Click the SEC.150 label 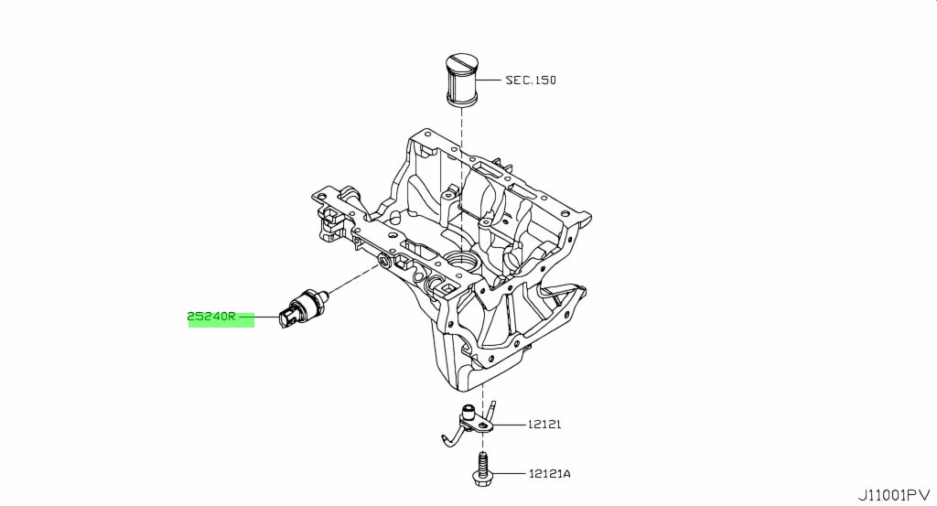(531, 80)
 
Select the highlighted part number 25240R (211, 317)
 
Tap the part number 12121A (549, 474)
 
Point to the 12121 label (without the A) (544, 425)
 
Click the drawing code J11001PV (894, 495)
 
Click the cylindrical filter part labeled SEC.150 (461, 81)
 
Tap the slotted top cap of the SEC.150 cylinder (461, 63)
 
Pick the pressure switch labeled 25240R (304, 307)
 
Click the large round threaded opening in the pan (461, 261)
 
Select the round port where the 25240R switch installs (383, 261)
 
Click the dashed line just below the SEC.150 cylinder (461, 179)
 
